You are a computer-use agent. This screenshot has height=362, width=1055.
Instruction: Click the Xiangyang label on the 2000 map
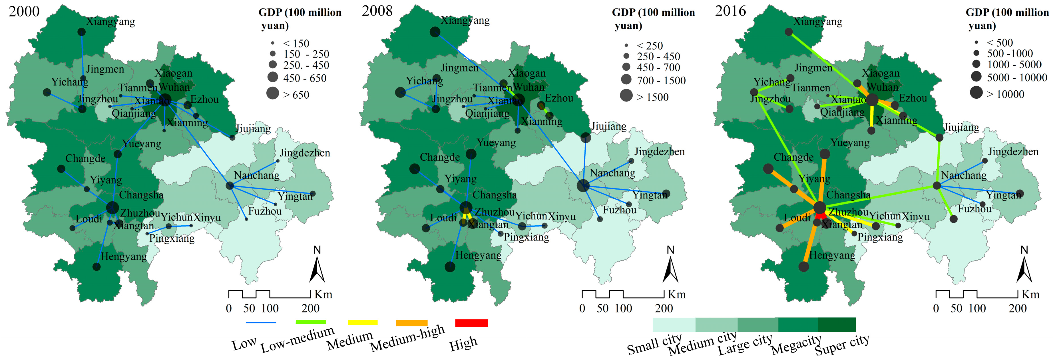click(110, 21)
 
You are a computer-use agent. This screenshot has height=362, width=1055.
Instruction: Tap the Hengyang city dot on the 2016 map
click(803, 267)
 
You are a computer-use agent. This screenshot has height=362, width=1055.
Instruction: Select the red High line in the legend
click(471, 323)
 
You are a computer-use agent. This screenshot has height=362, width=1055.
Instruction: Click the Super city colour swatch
click(836, 324)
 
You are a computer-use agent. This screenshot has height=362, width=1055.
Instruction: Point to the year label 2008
click(377, 11)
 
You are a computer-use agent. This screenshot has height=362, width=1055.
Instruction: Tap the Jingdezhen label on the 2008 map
click(659, 152)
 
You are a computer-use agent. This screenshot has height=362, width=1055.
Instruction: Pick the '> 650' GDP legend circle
click(273, 94)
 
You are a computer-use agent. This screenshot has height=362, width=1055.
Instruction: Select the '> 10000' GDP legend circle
click(976, 93)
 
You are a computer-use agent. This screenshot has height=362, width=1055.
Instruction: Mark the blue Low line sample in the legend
click(261, 323)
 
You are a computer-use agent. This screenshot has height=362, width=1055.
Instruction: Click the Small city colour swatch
click(674, 324)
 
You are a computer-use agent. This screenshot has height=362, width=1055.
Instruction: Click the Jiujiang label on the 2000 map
click(253, 129)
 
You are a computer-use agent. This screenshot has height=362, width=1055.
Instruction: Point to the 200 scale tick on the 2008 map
click(664, 308)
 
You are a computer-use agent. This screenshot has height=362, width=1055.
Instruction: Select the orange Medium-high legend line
click(412, 323)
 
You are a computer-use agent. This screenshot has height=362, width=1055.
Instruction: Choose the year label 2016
click(730, 11)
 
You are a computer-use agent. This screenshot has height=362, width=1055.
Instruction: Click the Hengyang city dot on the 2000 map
click(97, 267)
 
